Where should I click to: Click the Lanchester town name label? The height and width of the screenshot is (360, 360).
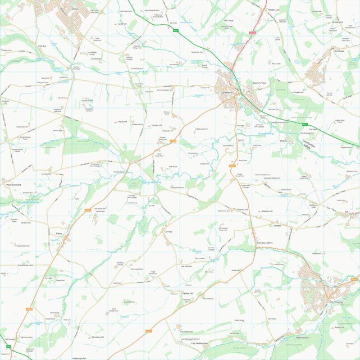coord(226,93)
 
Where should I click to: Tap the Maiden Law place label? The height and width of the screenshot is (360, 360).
coord(273,10)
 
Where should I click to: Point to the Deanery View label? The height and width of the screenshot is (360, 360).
coord(259,83)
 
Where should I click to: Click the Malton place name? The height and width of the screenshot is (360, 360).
coord(283,142)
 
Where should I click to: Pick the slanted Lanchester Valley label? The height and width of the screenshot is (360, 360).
coord(310,145)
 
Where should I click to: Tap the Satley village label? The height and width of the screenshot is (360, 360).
coord(58,233)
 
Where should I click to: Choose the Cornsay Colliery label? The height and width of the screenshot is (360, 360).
coord(264,243)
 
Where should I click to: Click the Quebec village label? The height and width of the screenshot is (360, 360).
coord(277,226)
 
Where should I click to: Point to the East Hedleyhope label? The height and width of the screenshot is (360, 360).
coord(199,343)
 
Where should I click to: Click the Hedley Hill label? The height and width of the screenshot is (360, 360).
coord(188,293)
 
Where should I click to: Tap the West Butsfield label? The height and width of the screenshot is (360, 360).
coord(13,185)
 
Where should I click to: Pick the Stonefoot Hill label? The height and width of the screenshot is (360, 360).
coord(99,337)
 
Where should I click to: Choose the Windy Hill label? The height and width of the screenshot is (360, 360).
coord(122,121)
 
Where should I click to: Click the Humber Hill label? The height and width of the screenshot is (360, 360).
coord(156,125)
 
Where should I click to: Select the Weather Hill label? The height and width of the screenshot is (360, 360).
coord(267,211)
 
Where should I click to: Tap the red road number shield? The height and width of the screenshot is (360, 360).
coord(252,33)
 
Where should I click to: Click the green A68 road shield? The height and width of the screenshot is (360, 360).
coord(8,347)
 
